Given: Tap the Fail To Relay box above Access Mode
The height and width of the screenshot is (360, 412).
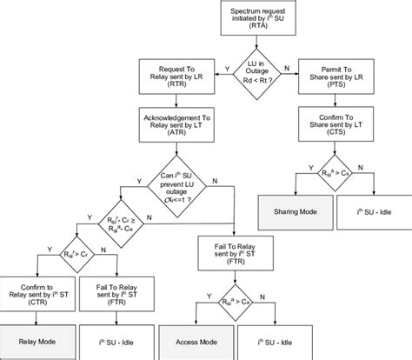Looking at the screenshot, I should click(x=246, y=251).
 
